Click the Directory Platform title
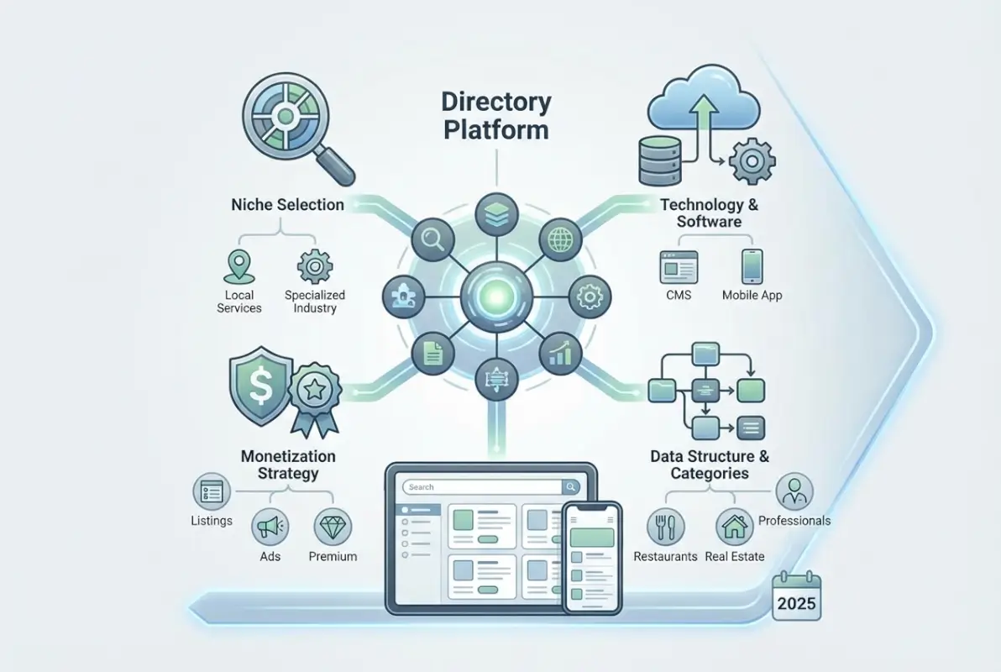(496, 117)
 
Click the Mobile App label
(752, 295)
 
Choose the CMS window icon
(678, 266)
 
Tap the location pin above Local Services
(238, 265)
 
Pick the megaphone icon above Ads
(270, 527)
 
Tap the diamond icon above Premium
(332, 527)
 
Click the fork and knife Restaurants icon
(665, 527)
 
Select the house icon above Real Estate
(735, 527)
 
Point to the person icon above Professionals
(794, 491)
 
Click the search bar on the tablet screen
(482, 486)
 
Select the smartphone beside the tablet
(593, 558)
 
